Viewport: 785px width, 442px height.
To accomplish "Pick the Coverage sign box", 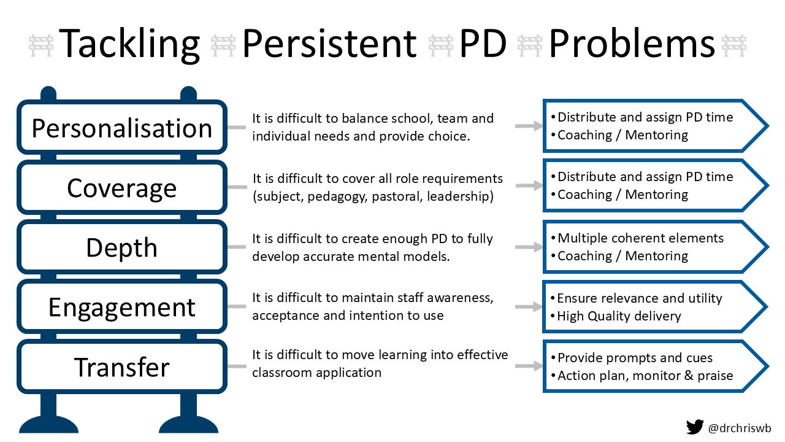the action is pos(122,187).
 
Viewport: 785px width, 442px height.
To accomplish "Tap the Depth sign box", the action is pos(122,247).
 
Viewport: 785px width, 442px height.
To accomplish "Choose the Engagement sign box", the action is pos(122,306).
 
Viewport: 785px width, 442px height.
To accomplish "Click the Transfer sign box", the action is pos(122,366).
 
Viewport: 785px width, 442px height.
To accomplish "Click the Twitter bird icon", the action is pos(694,427).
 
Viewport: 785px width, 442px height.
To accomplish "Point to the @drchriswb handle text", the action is pos(740,428).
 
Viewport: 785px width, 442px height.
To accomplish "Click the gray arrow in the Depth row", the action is pos(529,247).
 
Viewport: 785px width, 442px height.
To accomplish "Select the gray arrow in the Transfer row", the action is pos(529,366).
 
